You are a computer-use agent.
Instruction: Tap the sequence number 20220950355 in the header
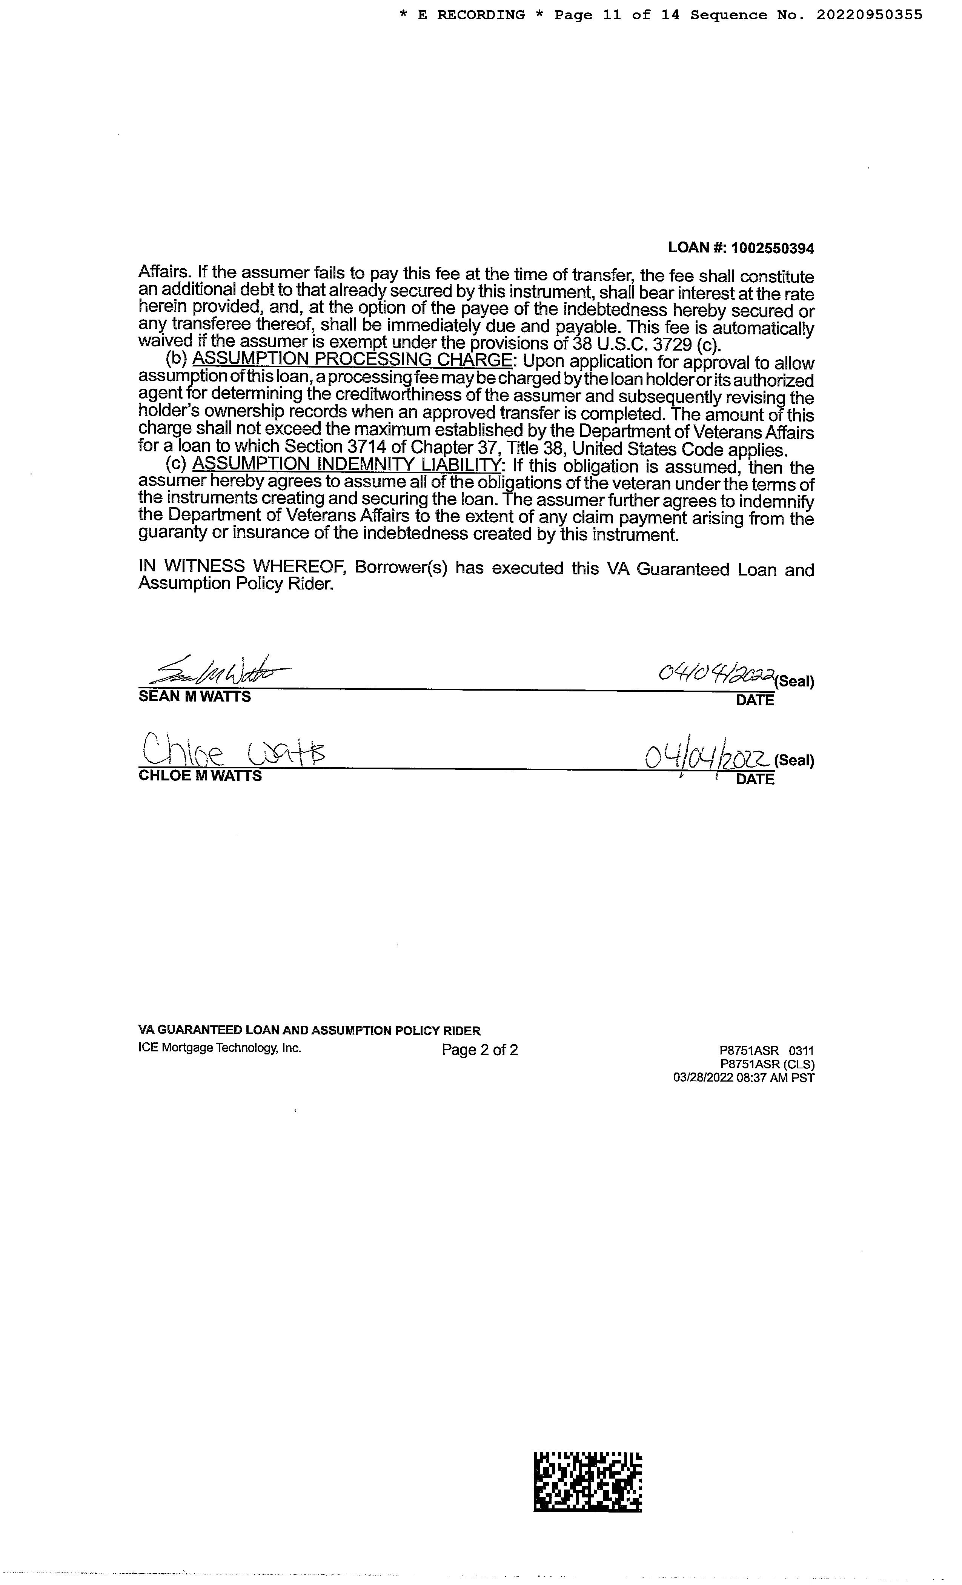[870, 15]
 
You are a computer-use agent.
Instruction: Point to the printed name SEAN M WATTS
[194, 697]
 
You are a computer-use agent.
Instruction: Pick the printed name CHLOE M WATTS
[200, 776]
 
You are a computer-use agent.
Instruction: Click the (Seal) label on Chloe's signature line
[794, 760]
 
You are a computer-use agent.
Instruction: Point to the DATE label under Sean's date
[755, 700]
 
